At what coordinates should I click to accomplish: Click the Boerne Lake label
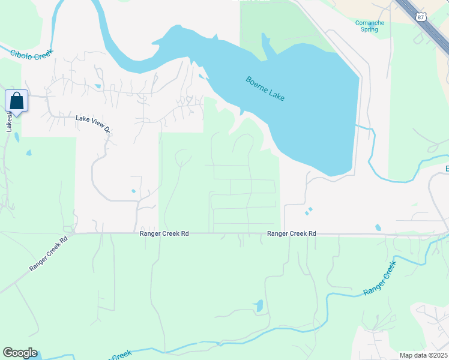pos(265,88)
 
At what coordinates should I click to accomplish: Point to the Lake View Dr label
pos(94,123)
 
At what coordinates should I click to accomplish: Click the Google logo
pos(20,353)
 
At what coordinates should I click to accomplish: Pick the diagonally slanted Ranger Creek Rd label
pos(49,253)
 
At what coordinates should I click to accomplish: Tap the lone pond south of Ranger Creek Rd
pos(259,306)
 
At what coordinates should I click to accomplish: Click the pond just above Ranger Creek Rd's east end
pos(378,227)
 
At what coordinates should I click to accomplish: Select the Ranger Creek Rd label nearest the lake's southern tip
pos(292,233)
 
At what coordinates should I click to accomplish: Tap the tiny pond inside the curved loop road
pos(133,191)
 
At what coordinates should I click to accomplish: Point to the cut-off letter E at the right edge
pos(446,169)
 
